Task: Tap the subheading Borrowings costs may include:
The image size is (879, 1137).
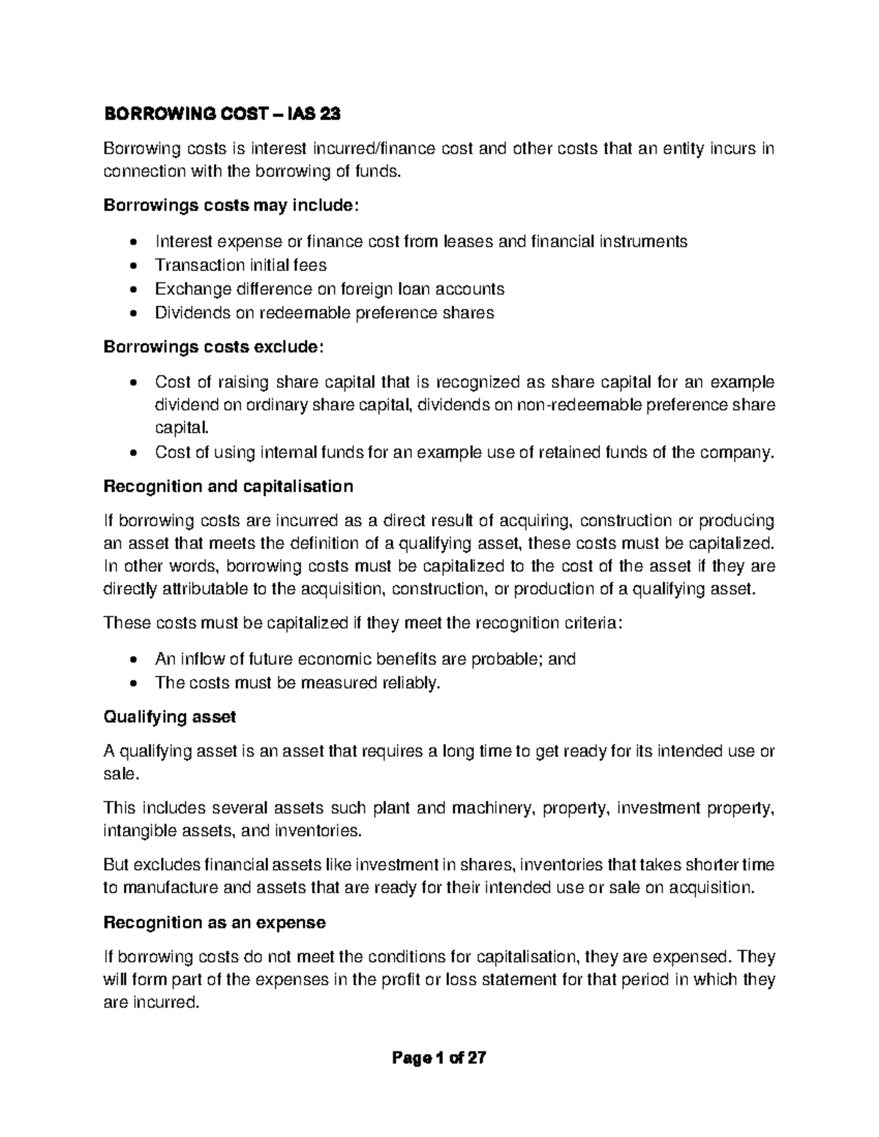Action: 231,206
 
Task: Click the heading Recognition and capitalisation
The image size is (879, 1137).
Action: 229,486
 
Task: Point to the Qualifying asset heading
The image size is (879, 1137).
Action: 169,717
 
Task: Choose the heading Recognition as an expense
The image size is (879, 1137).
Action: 215,922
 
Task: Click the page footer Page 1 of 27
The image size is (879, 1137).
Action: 439,1058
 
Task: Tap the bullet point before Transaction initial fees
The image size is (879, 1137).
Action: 132,265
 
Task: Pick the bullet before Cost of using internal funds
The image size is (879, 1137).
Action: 132,452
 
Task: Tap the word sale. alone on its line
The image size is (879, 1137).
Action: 121,774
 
